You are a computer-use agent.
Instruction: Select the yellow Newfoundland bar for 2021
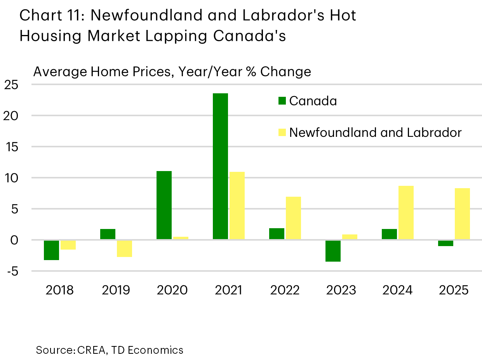tap(237, 206)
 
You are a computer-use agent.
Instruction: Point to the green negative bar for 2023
tap(333, 251)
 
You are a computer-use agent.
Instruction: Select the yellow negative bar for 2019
tap(124, 248)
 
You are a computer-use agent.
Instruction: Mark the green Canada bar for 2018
tap(51, 250)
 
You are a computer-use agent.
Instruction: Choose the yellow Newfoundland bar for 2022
tap(293, 218)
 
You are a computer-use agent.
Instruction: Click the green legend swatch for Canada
tap(282, 101)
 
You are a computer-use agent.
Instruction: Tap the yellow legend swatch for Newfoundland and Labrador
tap(282, 133)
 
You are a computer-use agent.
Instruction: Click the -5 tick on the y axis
tap(12, 271)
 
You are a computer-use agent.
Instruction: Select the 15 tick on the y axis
tap(12, 147)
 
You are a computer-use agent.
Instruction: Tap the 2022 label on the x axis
tap(285, 290)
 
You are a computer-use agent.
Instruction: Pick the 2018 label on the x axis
tap(59, 290)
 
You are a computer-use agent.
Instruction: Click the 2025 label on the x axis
tap(454, 290)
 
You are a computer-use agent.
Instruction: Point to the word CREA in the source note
tap(91, 350)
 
